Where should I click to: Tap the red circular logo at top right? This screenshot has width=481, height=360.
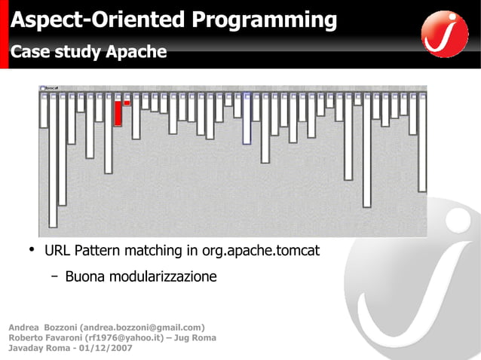point(445,33)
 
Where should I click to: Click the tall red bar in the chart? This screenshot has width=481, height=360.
point(118,112)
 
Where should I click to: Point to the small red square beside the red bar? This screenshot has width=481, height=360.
point(127,102)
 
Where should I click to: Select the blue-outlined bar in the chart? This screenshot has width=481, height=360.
point(247,119)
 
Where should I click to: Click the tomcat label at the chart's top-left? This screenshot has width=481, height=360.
point(51,88)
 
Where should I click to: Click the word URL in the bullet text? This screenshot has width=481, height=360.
point(57,250)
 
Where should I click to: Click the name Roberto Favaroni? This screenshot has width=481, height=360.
point(42,337)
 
